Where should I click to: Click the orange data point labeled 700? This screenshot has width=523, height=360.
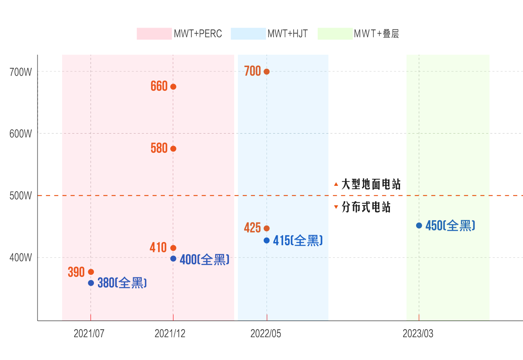tap(267, 71)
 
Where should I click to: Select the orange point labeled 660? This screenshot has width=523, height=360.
tap(173, 87)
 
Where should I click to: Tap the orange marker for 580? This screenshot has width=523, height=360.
tap(173, 149)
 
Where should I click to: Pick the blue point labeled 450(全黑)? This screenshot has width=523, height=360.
tap(419, 226)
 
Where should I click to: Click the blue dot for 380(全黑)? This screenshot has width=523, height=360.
tap(91, 283)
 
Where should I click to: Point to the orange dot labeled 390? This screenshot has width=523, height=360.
tap(91, 272)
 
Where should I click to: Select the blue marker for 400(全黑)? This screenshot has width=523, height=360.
tap(173, 259)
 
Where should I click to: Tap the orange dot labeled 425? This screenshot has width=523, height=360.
tap(267, 228)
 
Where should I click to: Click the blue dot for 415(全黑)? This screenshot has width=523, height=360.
tap(267, 240)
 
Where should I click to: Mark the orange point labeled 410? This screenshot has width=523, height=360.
tap(173, 248)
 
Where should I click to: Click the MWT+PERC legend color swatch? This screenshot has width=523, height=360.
tap(154, 34)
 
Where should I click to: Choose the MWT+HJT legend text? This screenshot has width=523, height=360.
tap(287, 34)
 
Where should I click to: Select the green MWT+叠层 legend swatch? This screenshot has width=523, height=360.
tap(335, 34)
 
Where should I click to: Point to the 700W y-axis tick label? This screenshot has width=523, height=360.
tap(21, 72)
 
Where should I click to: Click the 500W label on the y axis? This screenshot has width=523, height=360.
tap(21, 196)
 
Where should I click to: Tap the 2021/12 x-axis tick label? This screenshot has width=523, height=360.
tap(170, 334)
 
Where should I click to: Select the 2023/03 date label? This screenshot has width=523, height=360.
tap(418, 334)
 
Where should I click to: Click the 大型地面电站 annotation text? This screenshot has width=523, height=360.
tap(371, 184)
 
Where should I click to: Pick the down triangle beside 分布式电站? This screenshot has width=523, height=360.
tap(336, 207)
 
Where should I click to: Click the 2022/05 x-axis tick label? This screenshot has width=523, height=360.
tap(266, 334)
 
